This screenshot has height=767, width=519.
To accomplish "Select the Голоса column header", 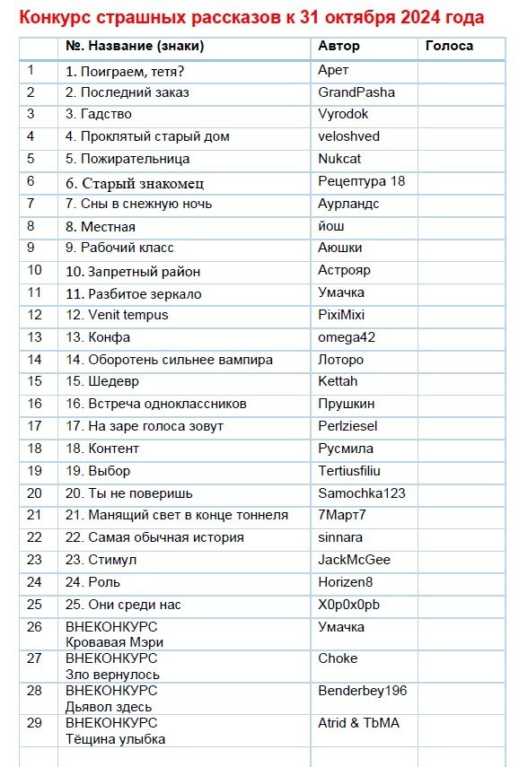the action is [x=449, y=46].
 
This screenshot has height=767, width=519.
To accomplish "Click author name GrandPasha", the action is [x=356, y=92].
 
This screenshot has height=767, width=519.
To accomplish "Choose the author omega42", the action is [x=346, y=337].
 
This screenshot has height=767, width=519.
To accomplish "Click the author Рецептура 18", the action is [x=362, y=181].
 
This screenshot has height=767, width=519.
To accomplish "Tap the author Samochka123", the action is [x=361, y=493].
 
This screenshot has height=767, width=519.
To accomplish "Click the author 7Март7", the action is [x=342, y=515].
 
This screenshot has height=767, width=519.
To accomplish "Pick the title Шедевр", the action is [x=108, y=382].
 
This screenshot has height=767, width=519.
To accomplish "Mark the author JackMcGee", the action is [x=355, y=560].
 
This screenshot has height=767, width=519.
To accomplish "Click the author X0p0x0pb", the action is [x=349, y=605].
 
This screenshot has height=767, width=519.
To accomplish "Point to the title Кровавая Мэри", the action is [x=115, y=642].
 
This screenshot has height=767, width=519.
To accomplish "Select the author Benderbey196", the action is [x=363, y=691].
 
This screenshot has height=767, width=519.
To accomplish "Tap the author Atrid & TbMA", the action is [x=359, y=723].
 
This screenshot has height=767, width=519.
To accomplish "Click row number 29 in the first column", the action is [x=35, y=723].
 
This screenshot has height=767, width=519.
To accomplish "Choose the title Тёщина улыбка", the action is [x=116, y=739].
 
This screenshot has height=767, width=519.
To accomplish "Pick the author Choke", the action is [x=338, y=658].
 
